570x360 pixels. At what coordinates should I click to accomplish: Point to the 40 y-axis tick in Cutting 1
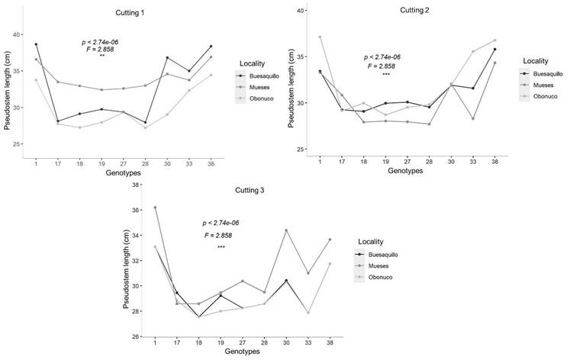point(17,34)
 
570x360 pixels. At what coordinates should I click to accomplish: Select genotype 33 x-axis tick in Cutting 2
point(494,162)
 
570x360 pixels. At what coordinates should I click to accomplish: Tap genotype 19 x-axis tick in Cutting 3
point(221,345)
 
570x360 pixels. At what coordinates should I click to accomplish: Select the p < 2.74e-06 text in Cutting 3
point(221,223)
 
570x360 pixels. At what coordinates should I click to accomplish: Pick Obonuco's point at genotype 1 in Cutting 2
point(298,37)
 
